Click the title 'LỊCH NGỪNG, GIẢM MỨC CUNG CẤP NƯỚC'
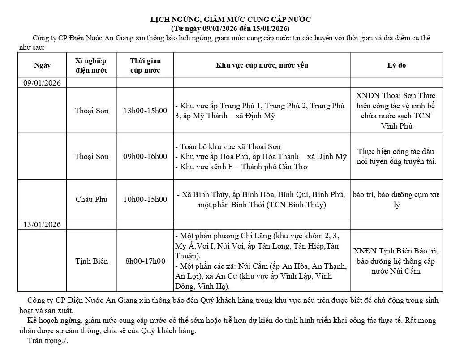click(x=230, y=19)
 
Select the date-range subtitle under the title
click(x=230, y=28)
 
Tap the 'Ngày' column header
click(x=43, y=65)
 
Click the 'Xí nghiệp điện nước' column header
click(x=92, y=65)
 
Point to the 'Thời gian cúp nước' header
click(x=145, y=65)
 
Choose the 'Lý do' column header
click(x=396, y=65)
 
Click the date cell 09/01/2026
click(x=42, y=83)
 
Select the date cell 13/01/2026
click(x=42, y=224)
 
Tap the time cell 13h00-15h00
click(x=145, y=111)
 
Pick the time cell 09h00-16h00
click(x=145, y=156)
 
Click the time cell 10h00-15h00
click(x=145, y=200)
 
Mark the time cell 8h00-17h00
click(x=145, y=261)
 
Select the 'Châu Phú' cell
click(x=92, y=200)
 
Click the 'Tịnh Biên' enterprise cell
click(x=92, y=261)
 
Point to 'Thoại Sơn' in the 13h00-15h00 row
click(x=92, y=111)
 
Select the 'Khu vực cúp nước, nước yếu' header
click(x=262, y=65)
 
